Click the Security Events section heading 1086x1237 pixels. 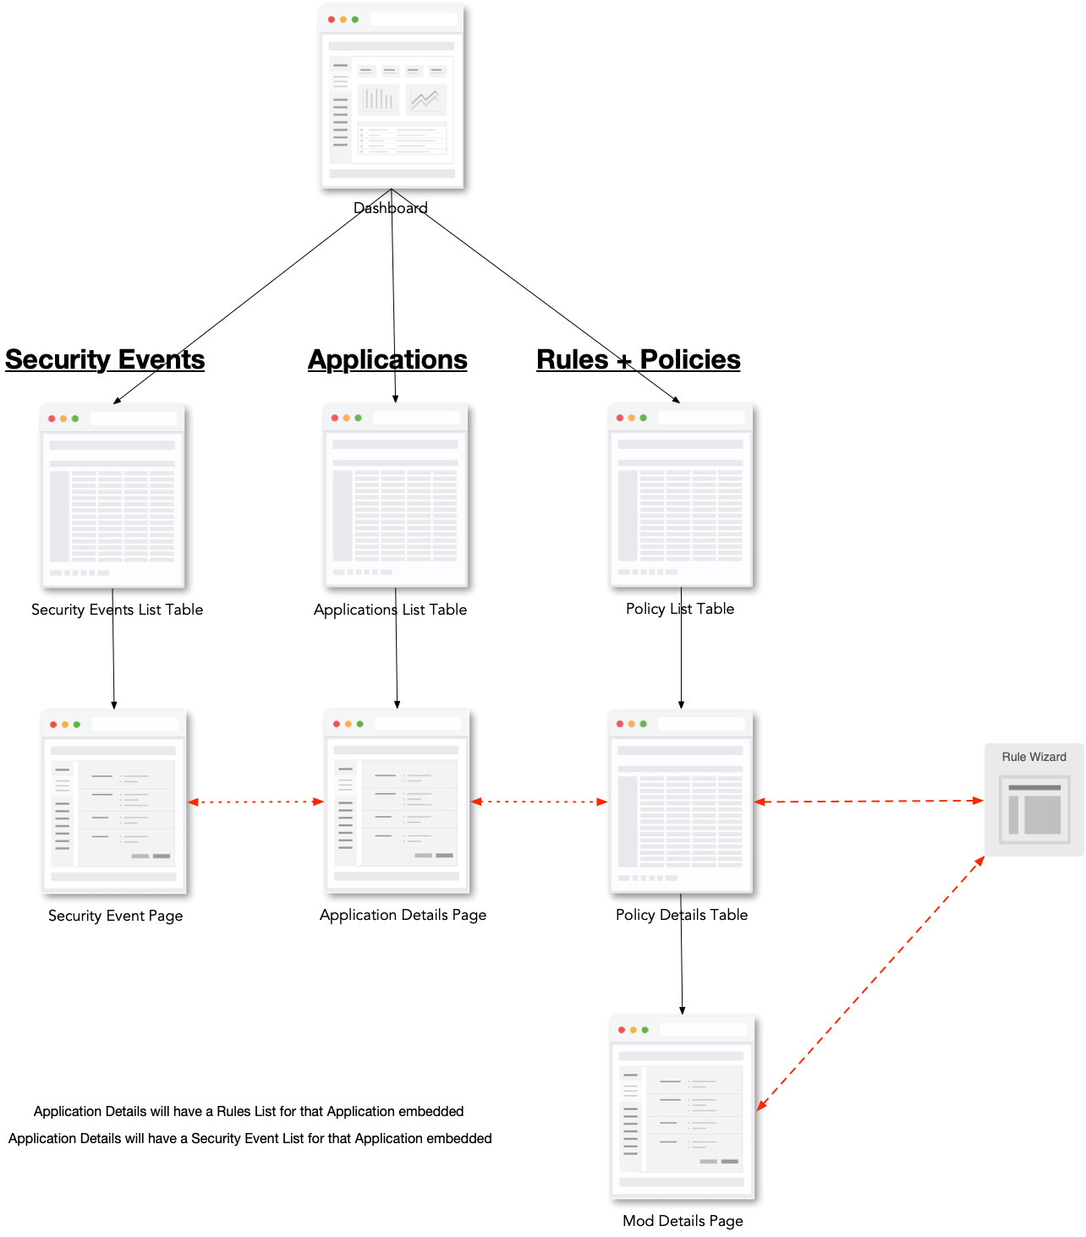pos(105,359)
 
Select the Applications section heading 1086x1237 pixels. pos(387,359)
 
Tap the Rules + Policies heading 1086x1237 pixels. pos(639,359)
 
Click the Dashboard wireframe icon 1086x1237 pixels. pos(392,96)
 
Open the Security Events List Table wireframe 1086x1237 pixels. pos(112,496)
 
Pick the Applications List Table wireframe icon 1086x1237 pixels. pos(395,496)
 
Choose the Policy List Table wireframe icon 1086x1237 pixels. pos(681,496)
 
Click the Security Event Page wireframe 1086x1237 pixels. pos(114,802)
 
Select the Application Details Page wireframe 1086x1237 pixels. pos(397,802)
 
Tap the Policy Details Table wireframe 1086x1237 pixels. pos(681,802)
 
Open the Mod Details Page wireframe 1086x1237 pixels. pos(682,1108)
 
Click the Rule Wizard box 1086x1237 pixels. pos(1034,800)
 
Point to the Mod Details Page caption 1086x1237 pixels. pos(683,1221)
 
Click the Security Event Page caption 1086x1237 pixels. pos(115,916)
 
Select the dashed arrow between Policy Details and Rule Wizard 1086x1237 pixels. pos(869,801)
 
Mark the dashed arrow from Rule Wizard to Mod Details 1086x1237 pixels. pos(871,982)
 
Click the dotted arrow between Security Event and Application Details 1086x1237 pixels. pos(255,802)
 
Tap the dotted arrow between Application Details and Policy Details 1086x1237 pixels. pos(539,802)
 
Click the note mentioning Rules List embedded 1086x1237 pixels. pos(249,1111)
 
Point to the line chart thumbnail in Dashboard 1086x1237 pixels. pos(425,100)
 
